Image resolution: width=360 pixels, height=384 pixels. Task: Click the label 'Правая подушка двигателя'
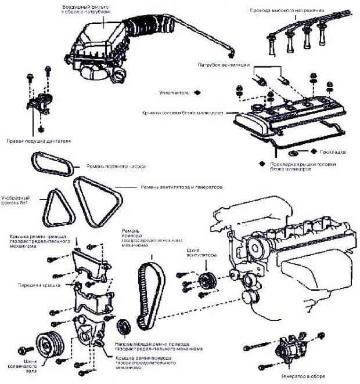[38, 141]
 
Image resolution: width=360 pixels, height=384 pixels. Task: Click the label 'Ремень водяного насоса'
[116, 166]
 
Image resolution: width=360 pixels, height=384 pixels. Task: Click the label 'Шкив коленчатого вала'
[20, 367]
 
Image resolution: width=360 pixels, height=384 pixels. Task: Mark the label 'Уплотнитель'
[174, 92]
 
